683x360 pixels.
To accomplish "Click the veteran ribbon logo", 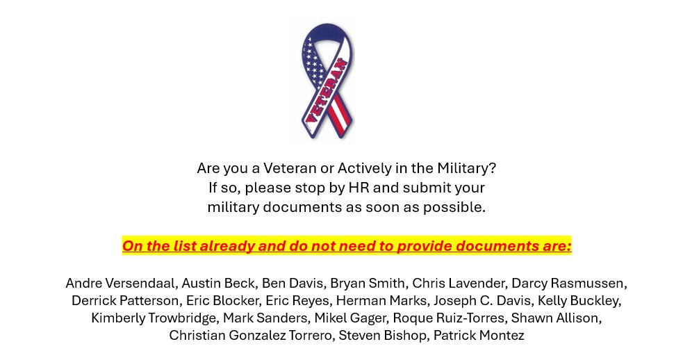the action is tap(327, 81).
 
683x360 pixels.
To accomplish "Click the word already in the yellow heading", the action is tap(227, 246).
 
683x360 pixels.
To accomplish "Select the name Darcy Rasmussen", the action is tap(569, 284).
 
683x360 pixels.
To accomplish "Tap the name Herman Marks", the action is tap(382, 301).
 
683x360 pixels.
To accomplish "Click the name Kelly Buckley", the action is tap(579, 301).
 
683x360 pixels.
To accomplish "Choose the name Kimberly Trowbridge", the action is tap(154, 318).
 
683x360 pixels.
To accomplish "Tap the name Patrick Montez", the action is tap(479, 336).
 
